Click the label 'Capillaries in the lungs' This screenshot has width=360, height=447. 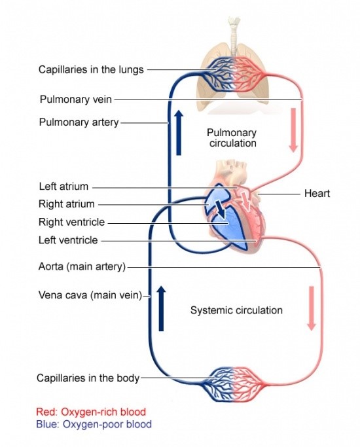click(91, 69)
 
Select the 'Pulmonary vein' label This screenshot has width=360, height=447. click(76, 99)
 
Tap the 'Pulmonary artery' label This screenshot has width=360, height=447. click(79, 122)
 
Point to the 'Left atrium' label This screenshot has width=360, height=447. click(63, 187)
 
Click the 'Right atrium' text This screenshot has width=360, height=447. click(66, 204)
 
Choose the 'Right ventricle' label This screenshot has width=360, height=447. click(71, 223)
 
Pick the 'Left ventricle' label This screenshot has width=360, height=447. click(68, 240)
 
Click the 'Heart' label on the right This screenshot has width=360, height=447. click(317, 194)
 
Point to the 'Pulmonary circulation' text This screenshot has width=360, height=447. click(231, 137)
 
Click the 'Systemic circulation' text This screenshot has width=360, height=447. click(236, 310)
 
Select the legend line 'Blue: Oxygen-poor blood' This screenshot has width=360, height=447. click(94, 424)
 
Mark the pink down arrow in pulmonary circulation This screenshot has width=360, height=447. click(293, 130)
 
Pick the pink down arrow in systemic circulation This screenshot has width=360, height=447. click(311, 308)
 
